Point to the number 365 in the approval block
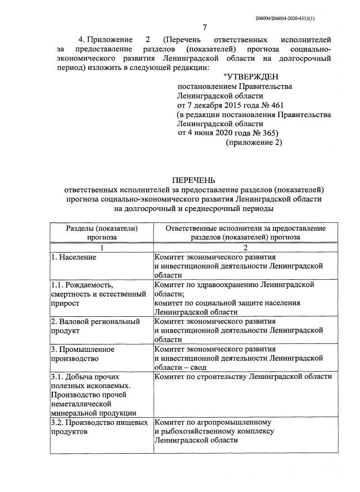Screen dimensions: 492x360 pyautogui.click(x=268, y=133)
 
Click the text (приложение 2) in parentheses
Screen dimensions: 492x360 pyautogui.click(x=254, y=143)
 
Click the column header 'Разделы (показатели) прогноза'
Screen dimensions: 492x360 pyautogui.click(x=102, y=232)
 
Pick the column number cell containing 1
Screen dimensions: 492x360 pyautogui.click(x=102, y=247)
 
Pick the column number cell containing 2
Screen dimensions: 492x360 pyautogui.click(x=245, y=247)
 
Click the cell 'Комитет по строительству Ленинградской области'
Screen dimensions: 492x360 pyautogui.click(x=243, y=376)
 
